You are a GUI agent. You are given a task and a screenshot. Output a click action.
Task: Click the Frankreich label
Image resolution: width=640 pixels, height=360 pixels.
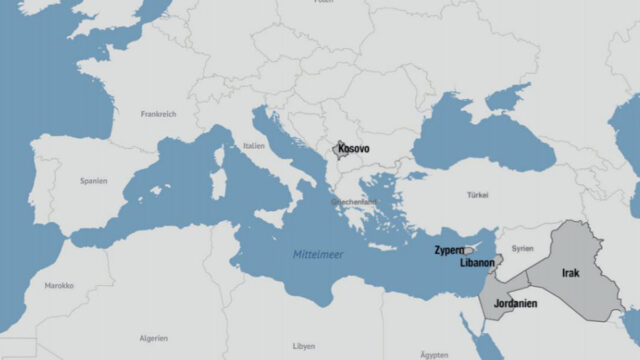tap(159, 114)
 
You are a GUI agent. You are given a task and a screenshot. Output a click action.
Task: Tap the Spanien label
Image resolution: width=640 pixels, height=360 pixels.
tap(94, 181)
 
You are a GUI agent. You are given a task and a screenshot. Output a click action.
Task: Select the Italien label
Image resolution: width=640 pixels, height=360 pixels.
tap(254, 146)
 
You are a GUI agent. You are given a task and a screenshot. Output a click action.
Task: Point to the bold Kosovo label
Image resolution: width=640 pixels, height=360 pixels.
tap(353, 149)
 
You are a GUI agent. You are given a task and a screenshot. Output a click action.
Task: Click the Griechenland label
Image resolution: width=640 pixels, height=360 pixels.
tap(355, 201)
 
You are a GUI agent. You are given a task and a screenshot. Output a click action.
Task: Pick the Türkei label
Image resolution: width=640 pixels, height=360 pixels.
tap(478, 194)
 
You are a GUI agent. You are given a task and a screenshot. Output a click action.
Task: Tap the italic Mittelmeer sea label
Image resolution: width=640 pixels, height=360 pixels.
tap(318, 255)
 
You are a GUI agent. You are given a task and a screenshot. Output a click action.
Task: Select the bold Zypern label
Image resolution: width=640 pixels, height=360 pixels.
tap(448, 248)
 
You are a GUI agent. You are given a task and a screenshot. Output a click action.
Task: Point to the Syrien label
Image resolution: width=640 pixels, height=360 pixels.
tap(522, 247)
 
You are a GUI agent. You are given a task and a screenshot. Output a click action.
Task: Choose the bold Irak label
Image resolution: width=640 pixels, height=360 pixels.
tap(570, 272)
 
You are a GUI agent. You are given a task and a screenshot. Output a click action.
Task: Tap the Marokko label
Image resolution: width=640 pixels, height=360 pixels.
tap(58, 285)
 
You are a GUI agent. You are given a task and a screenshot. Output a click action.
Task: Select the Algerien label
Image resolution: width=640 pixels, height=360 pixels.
tap(153, 338)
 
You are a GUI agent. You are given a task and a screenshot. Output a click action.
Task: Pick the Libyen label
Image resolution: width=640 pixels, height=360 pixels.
tap(303, 346)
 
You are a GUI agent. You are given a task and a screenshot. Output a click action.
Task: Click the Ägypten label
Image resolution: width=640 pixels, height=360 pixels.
tap(434, 354)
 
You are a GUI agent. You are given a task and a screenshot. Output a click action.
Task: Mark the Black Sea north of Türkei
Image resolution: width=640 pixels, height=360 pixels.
tap(480, 140)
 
